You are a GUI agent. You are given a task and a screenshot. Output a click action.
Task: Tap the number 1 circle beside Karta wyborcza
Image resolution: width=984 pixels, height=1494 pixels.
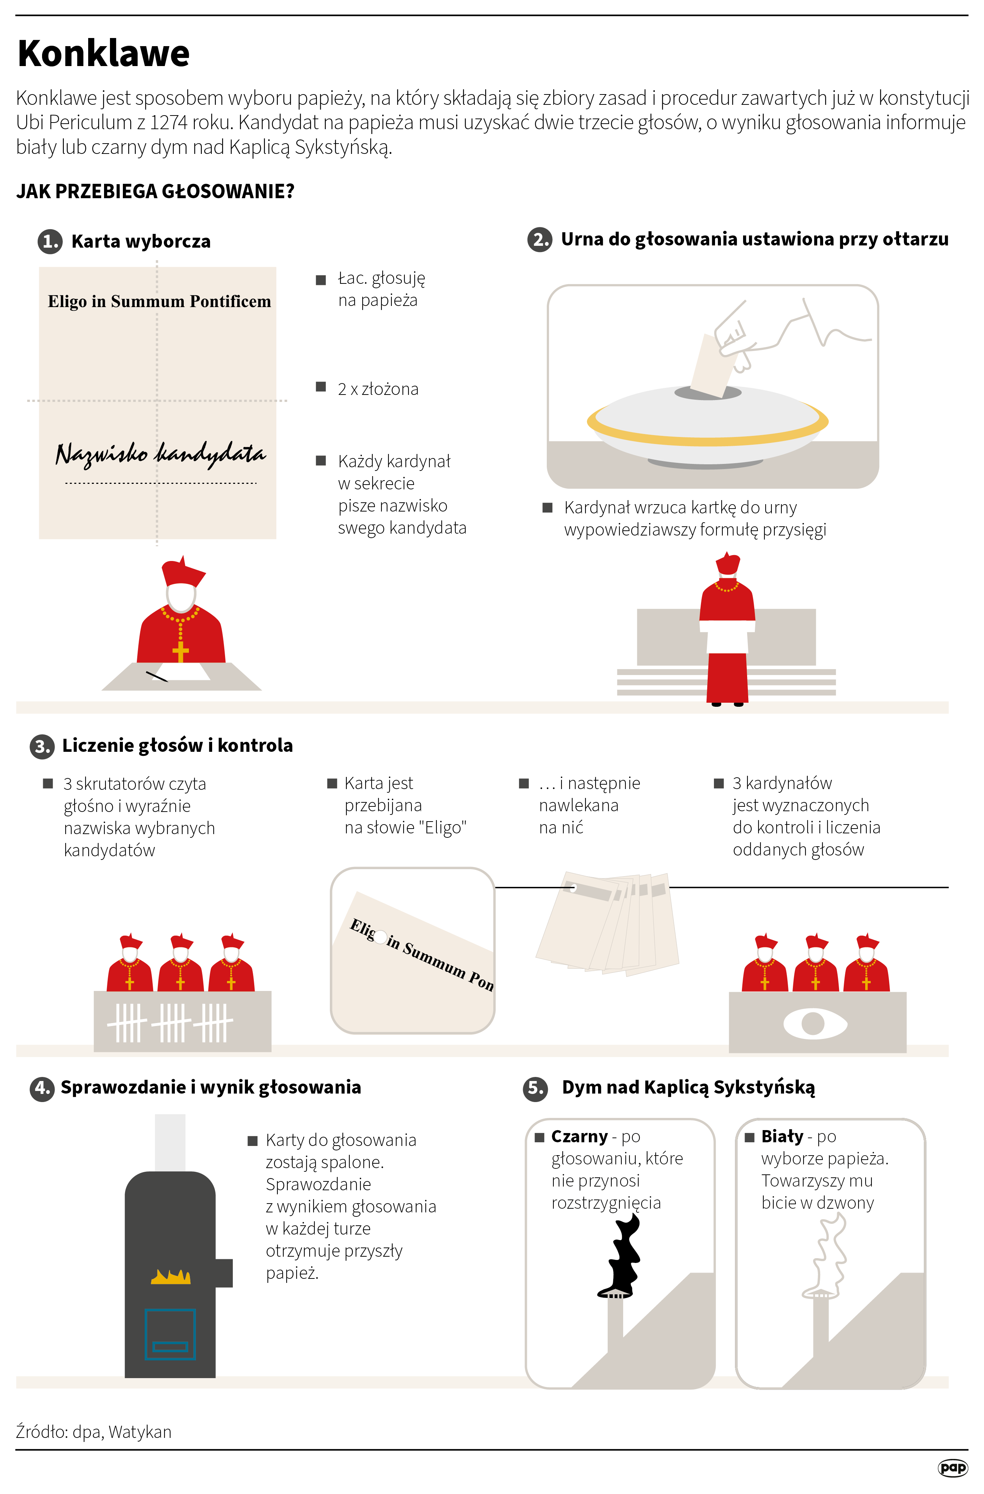click(x=50, y=241)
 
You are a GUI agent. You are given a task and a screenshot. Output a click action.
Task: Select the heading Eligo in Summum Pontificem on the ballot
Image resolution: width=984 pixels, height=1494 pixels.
click(x=159, y=301)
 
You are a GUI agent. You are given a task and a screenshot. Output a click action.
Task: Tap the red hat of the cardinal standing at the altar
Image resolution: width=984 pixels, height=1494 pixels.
click(x=728, y=563)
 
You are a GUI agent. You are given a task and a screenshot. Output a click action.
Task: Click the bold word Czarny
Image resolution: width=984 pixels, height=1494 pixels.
click(x=579, y=1136)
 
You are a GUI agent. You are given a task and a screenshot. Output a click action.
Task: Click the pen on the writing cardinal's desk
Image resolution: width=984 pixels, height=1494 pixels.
click(x=157, y=676)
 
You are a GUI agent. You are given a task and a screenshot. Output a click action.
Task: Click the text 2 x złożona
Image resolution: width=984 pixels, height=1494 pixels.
click(x=378, y=389)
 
